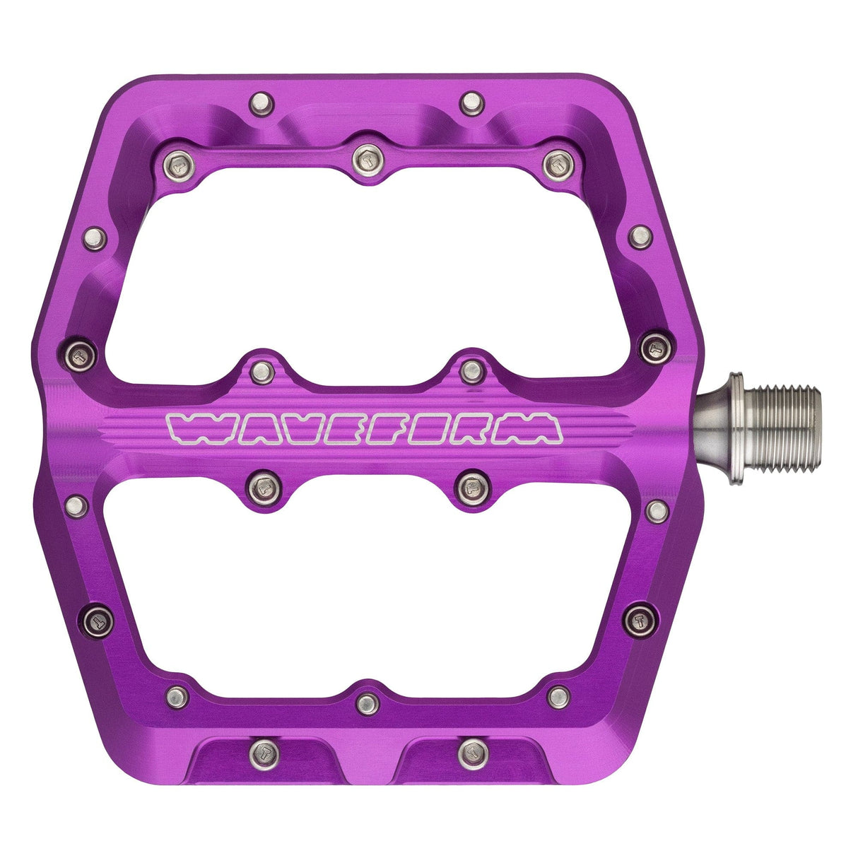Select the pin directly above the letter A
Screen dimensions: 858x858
262,370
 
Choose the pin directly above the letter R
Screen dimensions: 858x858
470,369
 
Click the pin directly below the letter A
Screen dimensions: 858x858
262,486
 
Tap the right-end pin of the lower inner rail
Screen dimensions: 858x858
559,695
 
